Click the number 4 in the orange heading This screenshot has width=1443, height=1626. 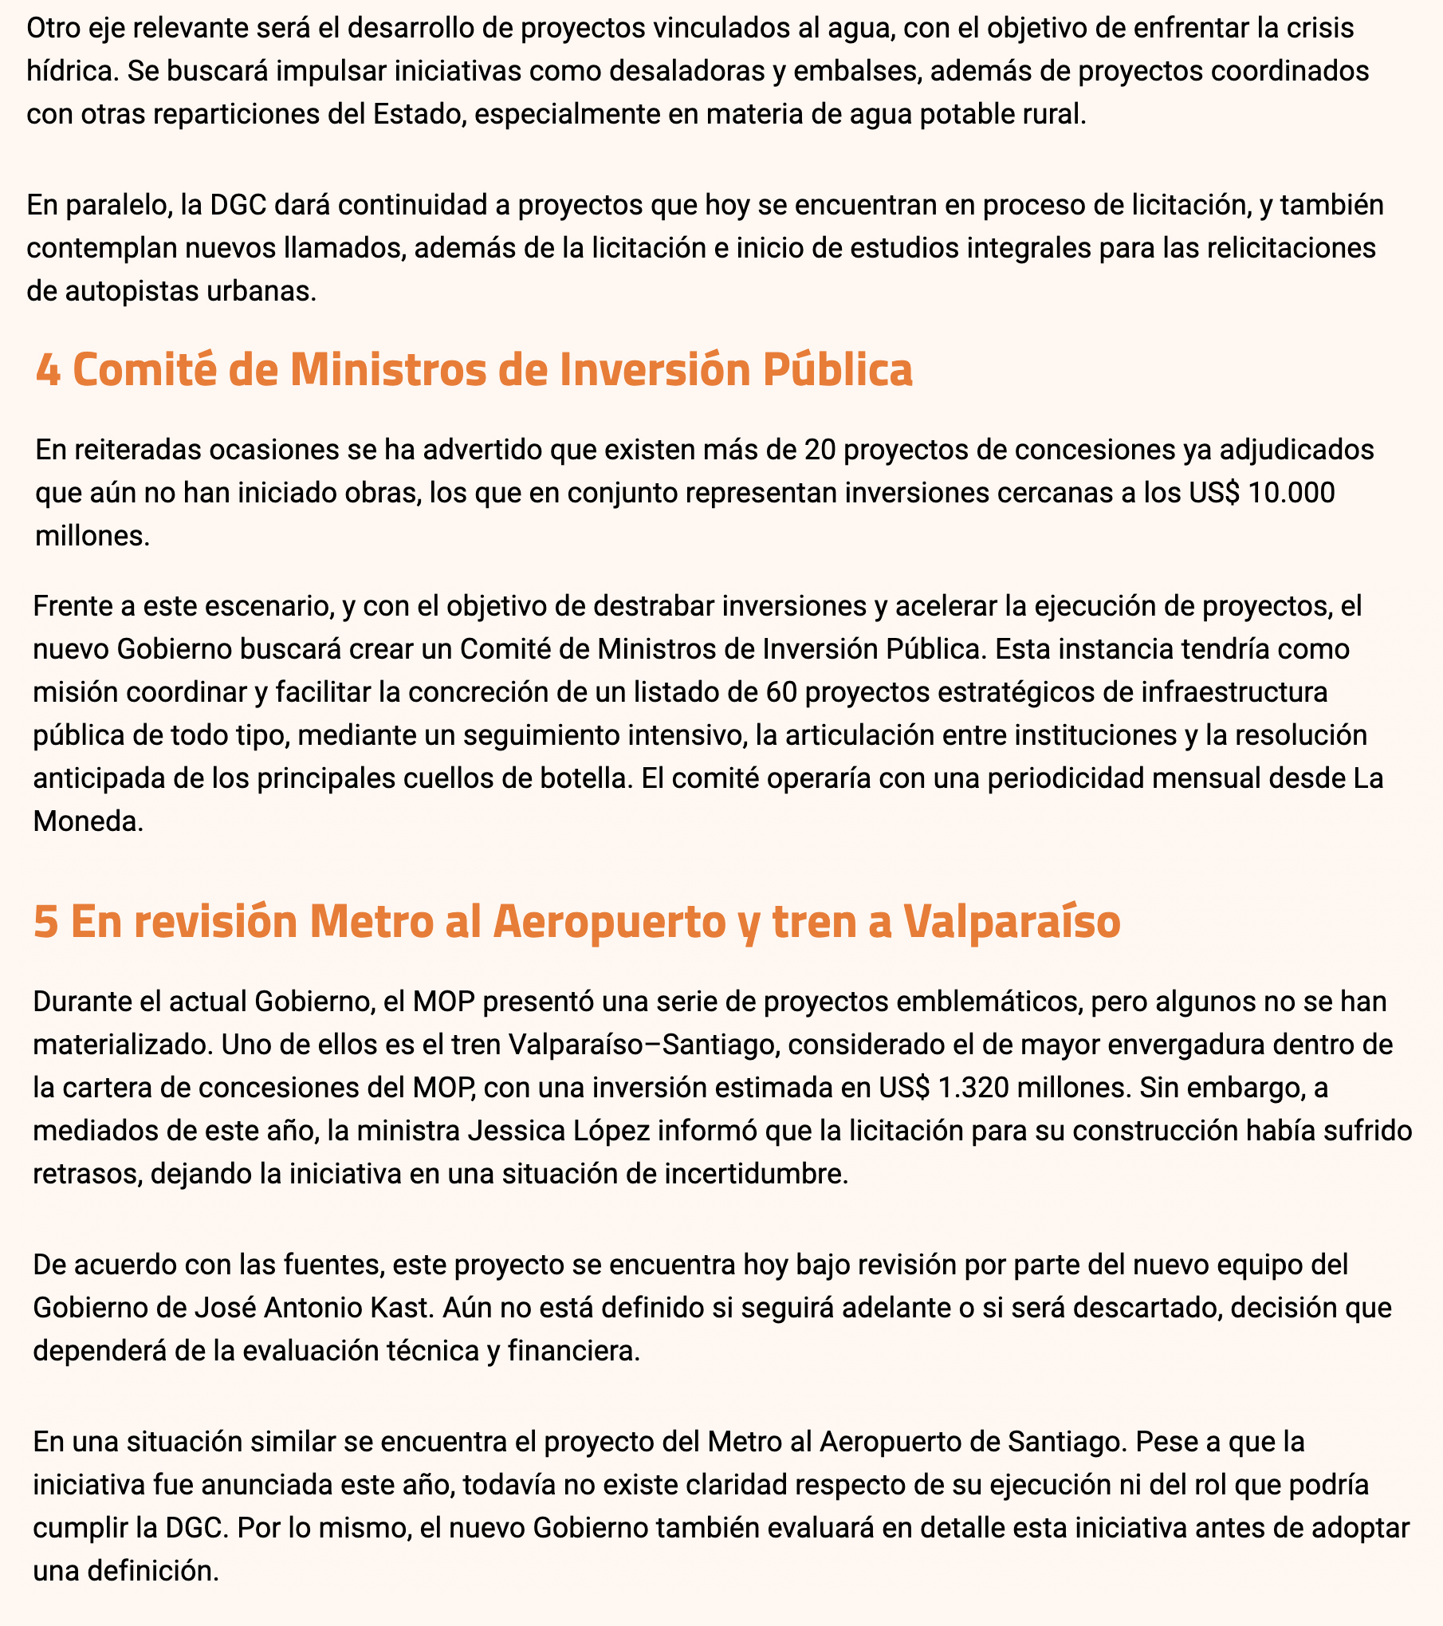(48, 371)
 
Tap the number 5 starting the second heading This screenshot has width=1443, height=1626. (45, 923)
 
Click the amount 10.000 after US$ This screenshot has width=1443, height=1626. (1292, 493)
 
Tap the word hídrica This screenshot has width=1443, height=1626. (69, 72)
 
